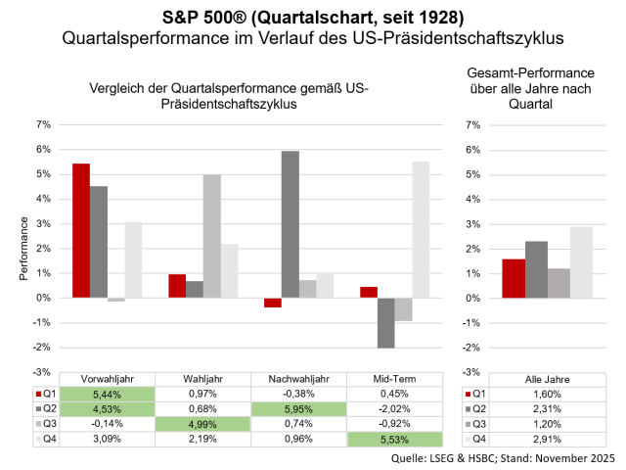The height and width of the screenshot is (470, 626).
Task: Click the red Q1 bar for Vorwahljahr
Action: pyautogui.click(x=80, y=230)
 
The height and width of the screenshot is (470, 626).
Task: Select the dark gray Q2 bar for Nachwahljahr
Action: pyautogui.click(x=291, y=224)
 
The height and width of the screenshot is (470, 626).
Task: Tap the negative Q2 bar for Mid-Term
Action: pyautogui.click(x=386, y=322)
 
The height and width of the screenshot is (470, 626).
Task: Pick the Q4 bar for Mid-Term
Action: pyautogui.click(x=421, y=229)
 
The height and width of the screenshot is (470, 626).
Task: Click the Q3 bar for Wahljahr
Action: pyautogui.click(x=211, y=236)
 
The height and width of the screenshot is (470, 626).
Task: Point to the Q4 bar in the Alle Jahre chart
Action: pyautogui.click(x=581, y=261)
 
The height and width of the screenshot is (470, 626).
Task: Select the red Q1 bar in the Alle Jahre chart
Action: pyautogui.click(x=514, y=278)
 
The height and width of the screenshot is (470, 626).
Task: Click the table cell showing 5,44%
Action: pyautogui.click(x=108, y=395)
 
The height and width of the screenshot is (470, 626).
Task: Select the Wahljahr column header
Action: pyautogui.click(x=203, y=380)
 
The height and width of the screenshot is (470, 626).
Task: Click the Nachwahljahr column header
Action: pyautogui.click(x=299, y=380)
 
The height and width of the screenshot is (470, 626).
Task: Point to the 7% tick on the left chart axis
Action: pyautogui.click(x=42, y=125)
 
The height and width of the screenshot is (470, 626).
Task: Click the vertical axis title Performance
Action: pyautogui.click(x=23, y=249)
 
